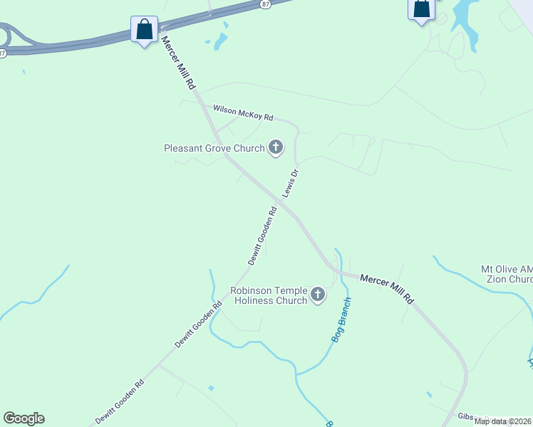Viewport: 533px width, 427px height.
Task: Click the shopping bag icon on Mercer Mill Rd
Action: coord(145,30)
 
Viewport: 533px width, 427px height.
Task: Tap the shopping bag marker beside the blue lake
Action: coord(421,9)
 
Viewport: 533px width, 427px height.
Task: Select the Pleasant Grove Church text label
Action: coord(214,149)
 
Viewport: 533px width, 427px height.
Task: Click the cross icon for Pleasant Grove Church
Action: coord(275,149)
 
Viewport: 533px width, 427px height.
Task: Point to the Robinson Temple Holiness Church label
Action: coord(269,295)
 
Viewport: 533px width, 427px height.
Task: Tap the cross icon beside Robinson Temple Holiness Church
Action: coord(317,295)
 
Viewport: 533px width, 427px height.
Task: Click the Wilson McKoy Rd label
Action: coord(243,112)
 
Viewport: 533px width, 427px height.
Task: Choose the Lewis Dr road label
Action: coord(290,183)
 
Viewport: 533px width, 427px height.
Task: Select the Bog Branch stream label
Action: coord(342,320)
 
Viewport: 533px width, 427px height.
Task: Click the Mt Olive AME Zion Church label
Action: coord(507,274)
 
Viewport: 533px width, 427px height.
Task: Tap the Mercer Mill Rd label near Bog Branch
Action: coord(386,289)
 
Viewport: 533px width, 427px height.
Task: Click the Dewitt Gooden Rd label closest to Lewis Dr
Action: coord(262,236)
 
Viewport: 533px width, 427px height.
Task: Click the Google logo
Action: coord(24,418)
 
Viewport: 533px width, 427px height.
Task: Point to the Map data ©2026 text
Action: coord(502,421)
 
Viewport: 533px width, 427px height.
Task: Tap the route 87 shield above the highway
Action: coord(266,4)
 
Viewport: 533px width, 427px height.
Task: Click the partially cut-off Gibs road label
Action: coord(465,416)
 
